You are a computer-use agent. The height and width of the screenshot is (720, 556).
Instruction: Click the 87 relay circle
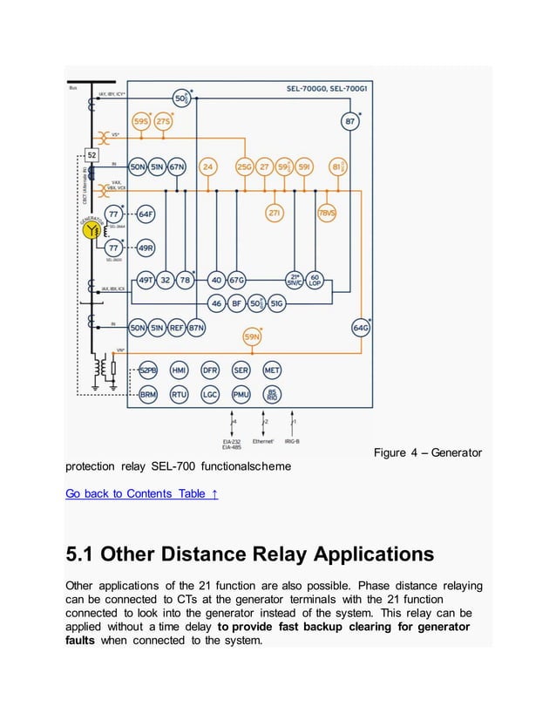click(349, 121)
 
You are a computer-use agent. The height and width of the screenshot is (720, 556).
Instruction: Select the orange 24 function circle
click(207, 166)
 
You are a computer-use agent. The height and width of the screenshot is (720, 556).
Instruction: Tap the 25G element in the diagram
click(245, 166)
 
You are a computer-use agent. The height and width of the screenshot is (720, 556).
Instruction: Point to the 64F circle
click(146, 214)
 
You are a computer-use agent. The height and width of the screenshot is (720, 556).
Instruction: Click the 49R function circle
click(146, 248)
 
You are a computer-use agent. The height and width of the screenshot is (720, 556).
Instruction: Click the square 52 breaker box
click(92, 155)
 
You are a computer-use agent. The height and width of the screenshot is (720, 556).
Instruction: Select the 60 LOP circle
click(315, 279)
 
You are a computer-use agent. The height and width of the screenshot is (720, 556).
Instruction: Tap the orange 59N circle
click(252, 336)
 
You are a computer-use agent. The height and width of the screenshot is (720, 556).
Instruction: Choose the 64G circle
click(361, 328)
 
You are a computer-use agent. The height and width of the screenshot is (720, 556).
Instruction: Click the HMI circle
click(179, 370)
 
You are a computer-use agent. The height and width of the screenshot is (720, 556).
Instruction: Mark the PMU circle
click(241, 394)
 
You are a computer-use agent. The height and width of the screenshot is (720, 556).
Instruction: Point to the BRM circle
click(147, 394)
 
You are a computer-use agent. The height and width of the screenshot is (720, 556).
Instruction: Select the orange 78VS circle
click(327, 213)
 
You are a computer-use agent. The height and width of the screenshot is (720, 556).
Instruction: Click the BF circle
click(236, 303)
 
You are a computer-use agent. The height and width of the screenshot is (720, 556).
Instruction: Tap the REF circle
click(177, 328)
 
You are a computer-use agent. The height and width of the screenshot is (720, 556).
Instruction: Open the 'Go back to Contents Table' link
click(141, 494)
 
